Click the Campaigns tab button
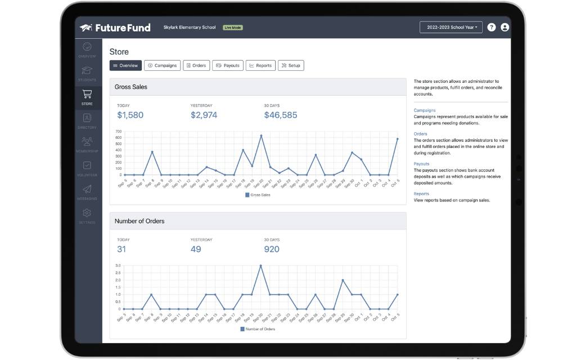162,66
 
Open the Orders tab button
196,66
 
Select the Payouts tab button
228,66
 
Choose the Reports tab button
260,66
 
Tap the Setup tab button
291,66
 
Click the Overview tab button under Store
125,66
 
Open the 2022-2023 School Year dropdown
451,27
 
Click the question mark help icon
491,27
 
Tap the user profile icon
505,27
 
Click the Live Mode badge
232,28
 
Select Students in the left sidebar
87,73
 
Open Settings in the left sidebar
87,216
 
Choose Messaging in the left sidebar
87,192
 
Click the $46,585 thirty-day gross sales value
281,115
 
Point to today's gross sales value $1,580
130,115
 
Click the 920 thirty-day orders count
272,249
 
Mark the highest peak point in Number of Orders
260,265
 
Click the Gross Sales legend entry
258,195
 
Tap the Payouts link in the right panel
421,164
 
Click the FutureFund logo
115,28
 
